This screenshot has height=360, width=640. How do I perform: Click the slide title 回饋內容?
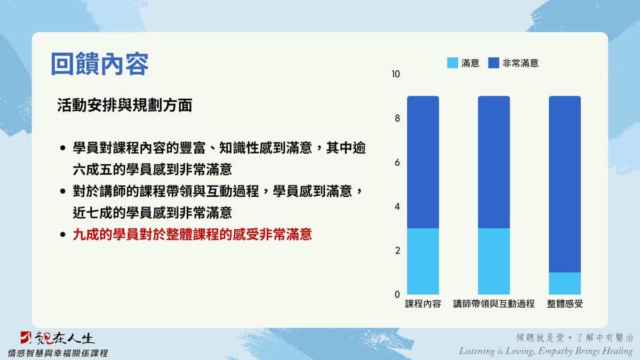click(100, 63)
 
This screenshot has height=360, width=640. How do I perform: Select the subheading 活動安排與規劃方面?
click(125, 105)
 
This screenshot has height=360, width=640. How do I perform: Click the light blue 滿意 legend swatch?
click(453, 63)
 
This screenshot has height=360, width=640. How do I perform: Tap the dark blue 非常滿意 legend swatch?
click(494, 63)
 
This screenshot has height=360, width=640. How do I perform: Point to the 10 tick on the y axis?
click(396, 74)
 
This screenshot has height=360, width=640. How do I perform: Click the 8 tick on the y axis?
click(397, 118)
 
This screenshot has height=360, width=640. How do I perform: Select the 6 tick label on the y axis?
click(397, 163)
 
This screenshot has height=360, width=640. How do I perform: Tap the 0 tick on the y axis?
click(397, 294)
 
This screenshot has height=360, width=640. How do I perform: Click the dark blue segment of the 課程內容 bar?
click(423, 162)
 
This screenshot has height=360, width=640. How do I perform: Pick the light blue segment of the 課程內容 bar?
click(423, 261)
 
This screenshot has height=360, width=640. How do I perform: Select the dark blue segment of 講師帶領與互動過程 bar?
click(494, 162)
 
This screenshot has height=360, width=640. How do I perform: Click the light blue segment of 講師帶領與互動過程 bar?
click(494, 261)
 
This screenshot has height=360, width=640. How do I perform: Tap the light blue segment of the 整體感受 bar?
click(565, 283)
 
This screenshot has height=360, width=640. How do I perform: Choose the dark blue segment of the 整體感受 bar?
click(565, 184)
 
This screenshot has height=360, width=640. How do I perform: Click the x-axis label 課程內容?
click(423, 303)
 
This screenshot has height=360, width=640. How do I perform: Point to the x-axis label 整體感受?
click(565, 303)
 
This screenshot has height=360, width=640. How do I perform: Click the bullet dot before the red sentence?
click(63, 235)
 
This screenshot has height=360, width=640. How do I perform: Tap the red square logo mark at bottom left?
click(26, 338)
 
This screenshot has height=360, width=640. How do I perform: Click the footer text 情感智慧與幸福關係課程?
click(58, 353)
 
